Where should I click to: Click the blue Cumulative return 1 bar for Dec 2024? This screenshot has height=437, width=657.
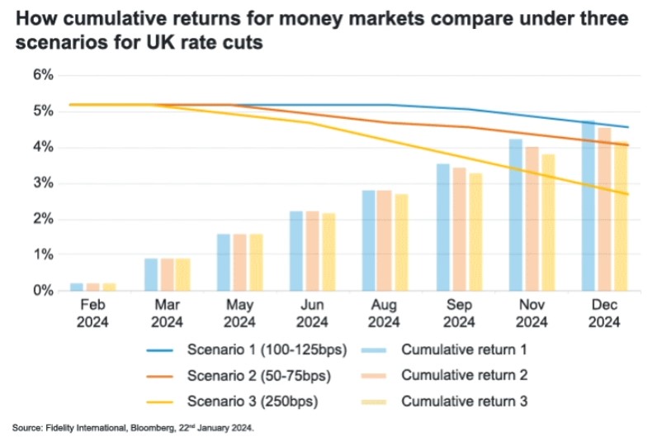pyautogui.click(x=588, y=207)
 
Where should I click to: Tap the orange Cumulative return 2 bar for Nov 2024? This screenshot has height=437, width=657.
pyautogui.click(x=532, y=219)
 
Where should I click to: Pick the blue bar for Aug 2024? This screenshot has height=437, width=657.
pyautogui.click(x=369, y=240)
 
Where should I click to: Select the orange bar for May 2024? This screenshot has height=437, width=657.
pyautogui.click(x=239, y=263)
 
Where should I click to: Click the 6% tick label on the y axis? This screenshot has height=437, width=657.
pyautogui.click(x=43, y=75)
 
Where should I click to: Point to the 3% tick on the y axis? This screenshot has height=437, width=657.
pyautogui.click(x=43, y=183)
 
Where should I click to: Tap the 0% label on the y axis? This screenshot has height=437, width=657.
pyautogui.click(x=43, y=291)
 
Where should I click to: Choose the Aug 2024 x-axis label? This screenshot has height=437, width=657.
pyautogui.click(x=385, y=313)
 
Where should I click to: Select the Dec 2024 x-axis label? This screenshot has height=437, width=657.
pyautogui.click(x=605, y=313)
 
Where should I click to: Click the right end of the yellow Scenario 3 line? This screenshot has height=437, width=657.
pyautogui.click(x=628, y=195)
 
